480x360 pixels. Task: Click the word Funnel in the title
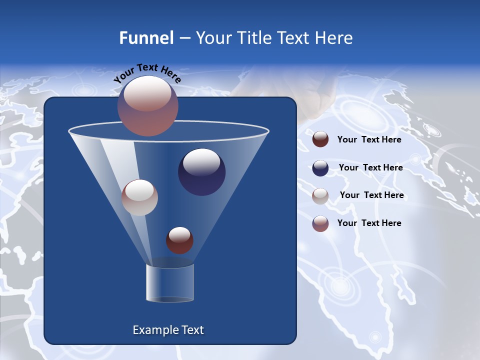tap(146, 38)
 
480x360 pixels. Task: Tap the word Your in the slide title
tap(213, 38)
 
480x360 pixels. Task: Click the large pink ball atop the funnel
tap(147, 105)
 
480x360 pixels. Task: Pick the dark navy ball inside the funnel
tap(201, 172)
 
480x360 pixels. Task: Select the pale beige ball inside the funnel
tap(139, 197)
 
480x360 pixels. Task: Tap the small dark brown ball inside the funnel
tap(179, 240)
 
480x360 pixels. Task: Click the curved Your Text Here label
tap(147, 73)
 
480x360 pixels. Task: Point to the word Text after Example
tap(192, 330)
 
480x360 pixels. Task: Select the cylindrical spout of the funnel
tap(169, 283)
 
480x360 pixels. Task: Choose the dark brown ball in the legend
tap(320, 139)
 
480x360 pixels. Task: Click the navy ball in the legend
tap(320, 167)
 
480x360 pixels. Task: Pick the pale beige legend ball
tap(320, 195)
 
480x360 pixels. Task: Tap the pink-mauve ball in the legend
tap(320, 223)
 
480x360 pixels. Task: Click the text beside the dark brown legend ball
tap(369, 139)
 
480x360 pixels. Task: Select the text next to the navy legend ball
tap(370, 167)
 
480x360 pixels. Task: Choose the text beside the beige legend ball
tap(371, 195)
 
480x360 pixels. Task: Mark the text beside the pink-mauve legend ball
tap(369, 223)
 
